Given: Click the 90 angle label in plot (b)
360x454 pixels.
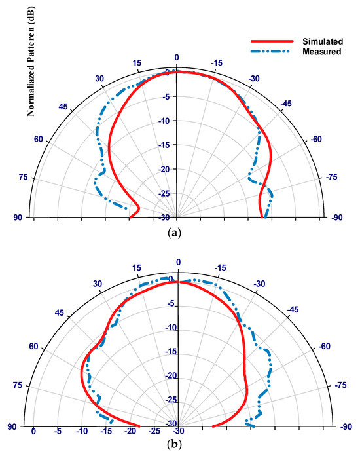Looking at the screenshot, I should [11, 426].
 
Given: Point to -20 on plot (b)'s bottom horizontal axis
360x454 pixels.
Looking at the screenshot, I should [130, 432].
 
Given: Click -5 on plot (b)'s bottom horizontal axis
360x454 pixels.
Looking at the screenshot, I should [58, 432].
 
